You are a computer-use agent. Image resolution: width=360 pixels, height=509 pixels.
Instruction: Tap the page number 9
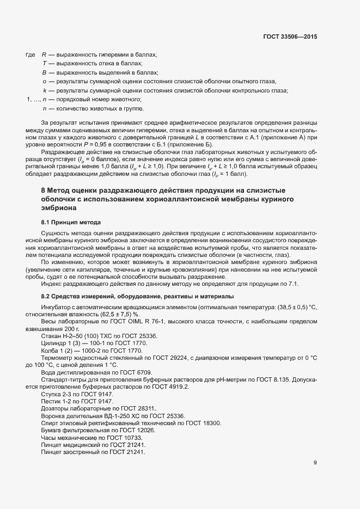tap(315, 463)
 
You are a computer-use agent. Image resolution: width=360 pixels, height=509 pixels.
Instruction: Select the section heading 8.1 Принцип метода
tap(71, 222)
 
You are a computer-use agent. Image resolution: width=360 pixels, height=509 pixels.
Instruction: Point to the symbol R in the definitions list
tap(44, 55)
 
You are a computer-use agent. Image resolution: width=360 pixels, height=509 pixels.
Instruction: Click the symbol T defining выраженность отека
tap(44, 64)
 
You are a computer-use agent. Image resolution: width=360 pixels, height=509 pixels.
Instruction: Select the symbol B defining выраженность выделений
tap(44, 72)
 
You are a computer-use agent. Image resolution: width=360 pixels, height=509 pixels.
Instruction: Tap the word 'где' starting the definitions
tap(30, 55)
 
